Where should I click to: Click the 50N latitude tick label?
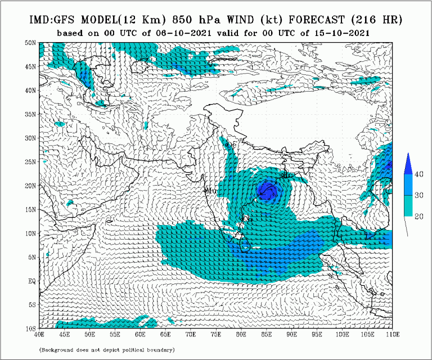(x=31, y=42)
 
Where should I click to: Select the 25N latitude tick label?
(x=31, y=161)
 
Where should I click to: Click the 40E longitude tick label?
(x=39, y=335)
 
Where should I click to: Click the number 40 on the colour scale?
(x=419, y=174)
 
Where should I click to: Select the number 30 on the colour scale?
(x=419, y=195)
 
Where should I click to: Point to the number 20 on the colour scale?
(x=419, y=215)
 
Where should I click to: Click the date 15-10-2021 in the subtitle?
(x=339, y=33)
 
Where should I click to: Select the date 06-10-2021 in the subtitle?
(x=184, y=33)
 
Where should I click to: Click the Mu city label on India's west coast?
(x=211, y=191)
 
